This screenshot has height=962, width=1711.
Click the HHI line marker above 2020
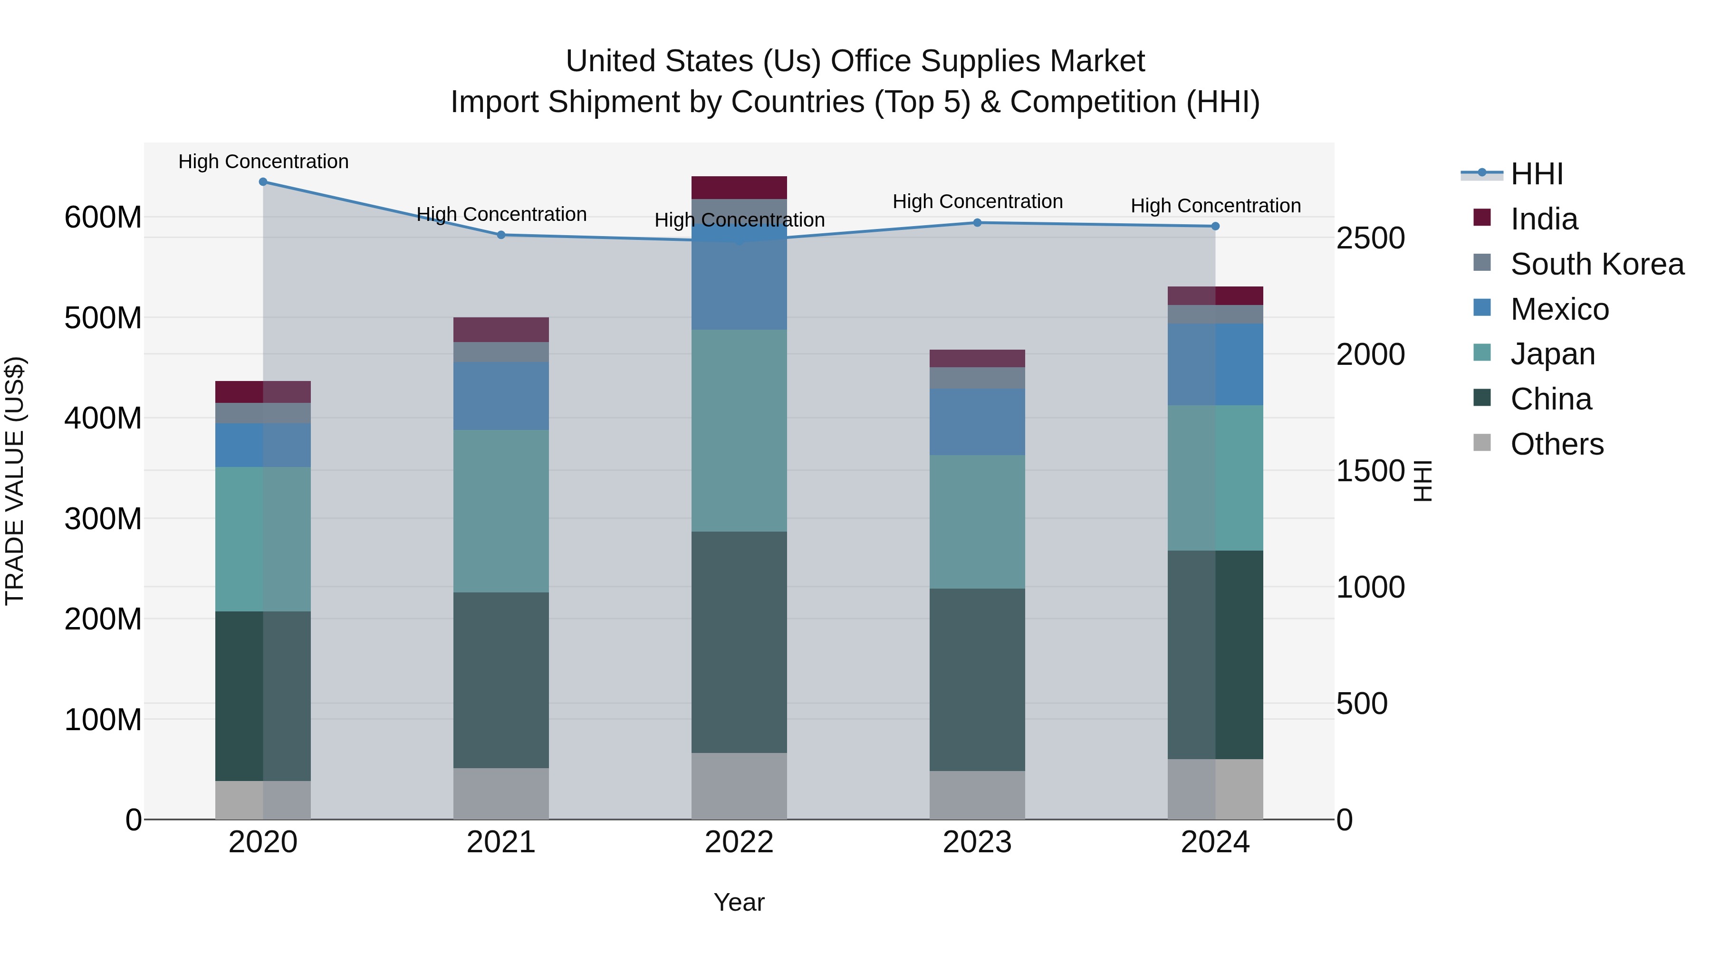pos(263,182)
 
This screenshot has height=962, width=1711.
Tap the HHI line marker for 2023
pos(977,223)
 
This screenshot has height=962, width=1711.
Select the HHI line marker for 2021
pos(501,235)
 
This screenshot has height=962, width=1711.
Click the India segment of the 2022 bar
pos(739,188)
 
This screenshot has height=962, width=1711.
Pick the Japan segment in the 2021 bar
pos(501,511)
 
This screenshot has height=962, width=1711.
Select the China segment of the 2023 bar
pos(977,679)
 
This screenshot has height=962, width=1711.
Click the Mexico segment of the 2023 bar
pos(977,422)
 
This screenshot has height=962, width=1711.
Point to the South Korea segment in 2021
pos(501,352)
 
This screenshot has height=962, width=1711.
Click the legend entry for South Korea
pos(1597,264)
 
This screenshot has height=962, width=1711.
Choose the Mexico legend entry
pos(1559,309)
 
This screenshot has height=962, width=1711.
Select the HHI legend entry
pos(1536,174)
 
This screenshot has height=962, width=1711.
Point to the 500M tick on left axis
pos(103,318)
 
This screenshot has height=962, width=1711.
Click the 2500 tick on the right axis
pos(1370,238)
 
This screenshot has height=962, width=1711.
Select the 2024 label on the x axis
pos(1215,842)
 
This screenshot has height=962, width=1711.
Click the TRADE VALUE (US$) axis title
pos(15,481)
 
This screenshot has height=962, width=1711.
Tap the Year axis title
pos(739,903)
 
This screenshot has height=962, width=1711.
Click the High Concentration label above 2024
pos(1215,206)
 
